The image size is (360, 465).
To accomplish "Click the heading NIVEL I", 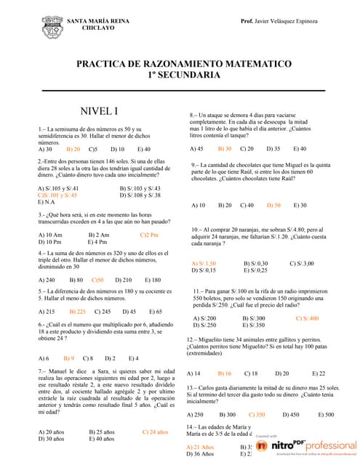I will [x=100, y=111].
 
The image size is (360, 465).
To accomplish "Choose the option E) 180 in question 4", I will [x=153, y=280].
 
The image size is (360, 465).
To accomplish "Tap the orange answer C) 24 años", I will [x=155, y=432].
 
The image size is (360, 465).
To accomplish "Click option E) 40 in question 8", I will [x=298, y=148].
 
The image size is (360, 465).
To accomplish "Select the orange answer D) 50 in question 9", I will [x=273, y=206].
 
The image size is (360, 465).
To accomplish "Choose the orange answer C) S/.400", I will [x=306, y=318].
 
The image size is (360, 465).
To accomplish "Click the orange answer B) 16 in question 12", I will [x=224, y=373].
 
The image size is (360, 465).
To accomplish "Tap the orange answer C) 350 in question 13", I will [x=256, y=414].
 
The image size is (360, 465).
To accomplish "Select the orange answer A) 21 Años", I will [x=200, y=446].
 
